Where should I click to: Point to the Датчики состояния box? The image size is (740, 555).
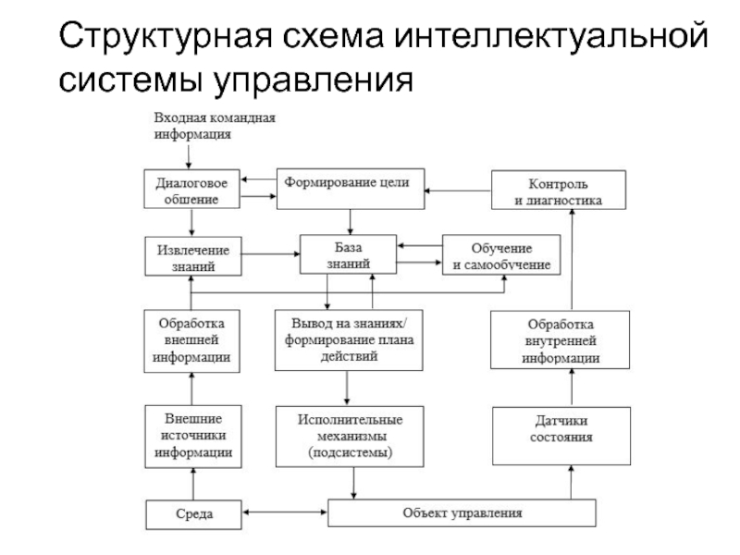pos(561,436)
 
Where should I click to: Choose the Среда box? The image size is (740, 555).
pos(193,512)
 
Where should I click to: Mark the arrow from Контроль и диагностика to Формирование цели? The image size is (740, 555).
pos(458,191)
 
